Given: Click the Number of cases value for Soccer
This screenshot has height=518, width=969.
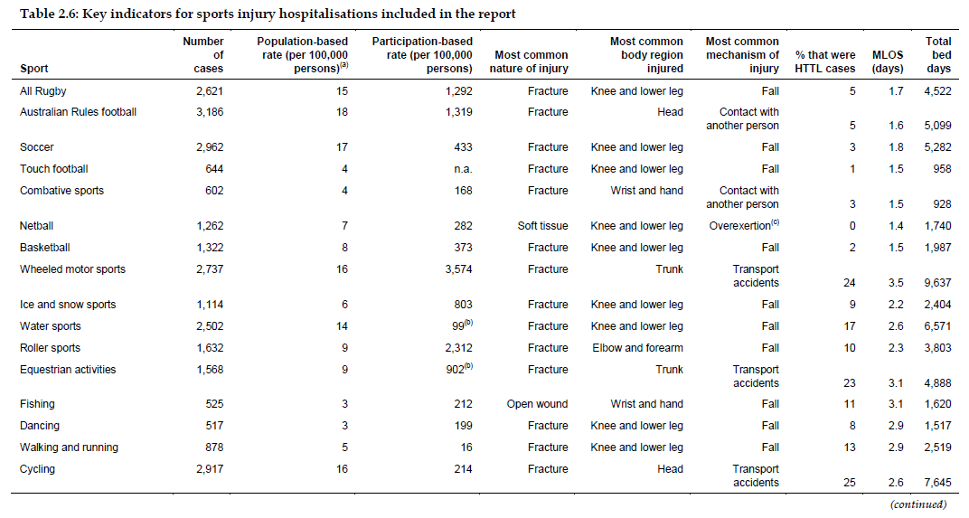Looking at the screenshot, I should click(x=207, y=147).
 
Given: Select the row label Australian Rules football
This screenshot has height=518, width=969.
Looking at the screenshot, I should click(x=78, y=112).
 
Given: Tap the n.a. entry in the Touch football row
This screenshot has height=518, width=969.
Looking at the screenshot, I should click(x=460, y=169).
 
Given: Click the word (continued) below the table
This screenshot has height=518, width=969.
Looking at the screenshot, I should click(x=917, y=504).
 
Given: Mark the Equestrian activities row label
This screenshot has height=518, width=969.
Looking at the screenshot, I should click(x=68, y=370).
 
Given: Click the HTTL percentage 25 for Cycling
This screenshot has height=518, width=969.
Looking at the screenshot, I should click(x=849, y=483).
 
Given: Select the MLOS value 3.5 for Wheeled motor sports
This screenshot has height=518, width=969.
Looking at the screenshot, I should click(x=895, y=283).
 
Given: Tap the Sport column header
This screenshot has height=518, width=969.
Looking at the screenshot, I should click(x=34, y=69).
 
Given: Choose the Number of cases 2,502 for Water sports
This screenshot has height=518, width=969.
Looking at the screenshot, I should click(x=207, y=326).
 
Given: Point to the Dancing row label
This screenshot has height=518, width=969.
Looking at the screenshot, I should click(x=40, y=426).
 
